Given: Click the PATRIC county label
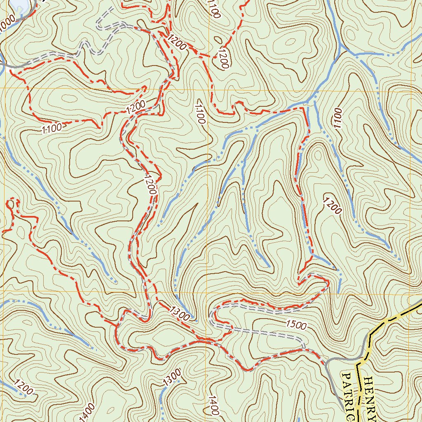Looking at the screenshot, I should pos(347,396).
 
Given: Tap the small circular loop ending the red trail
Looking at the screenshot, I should pos(12,203).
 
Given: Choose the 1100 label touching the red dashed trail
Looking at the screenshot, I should pos(52,128).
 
